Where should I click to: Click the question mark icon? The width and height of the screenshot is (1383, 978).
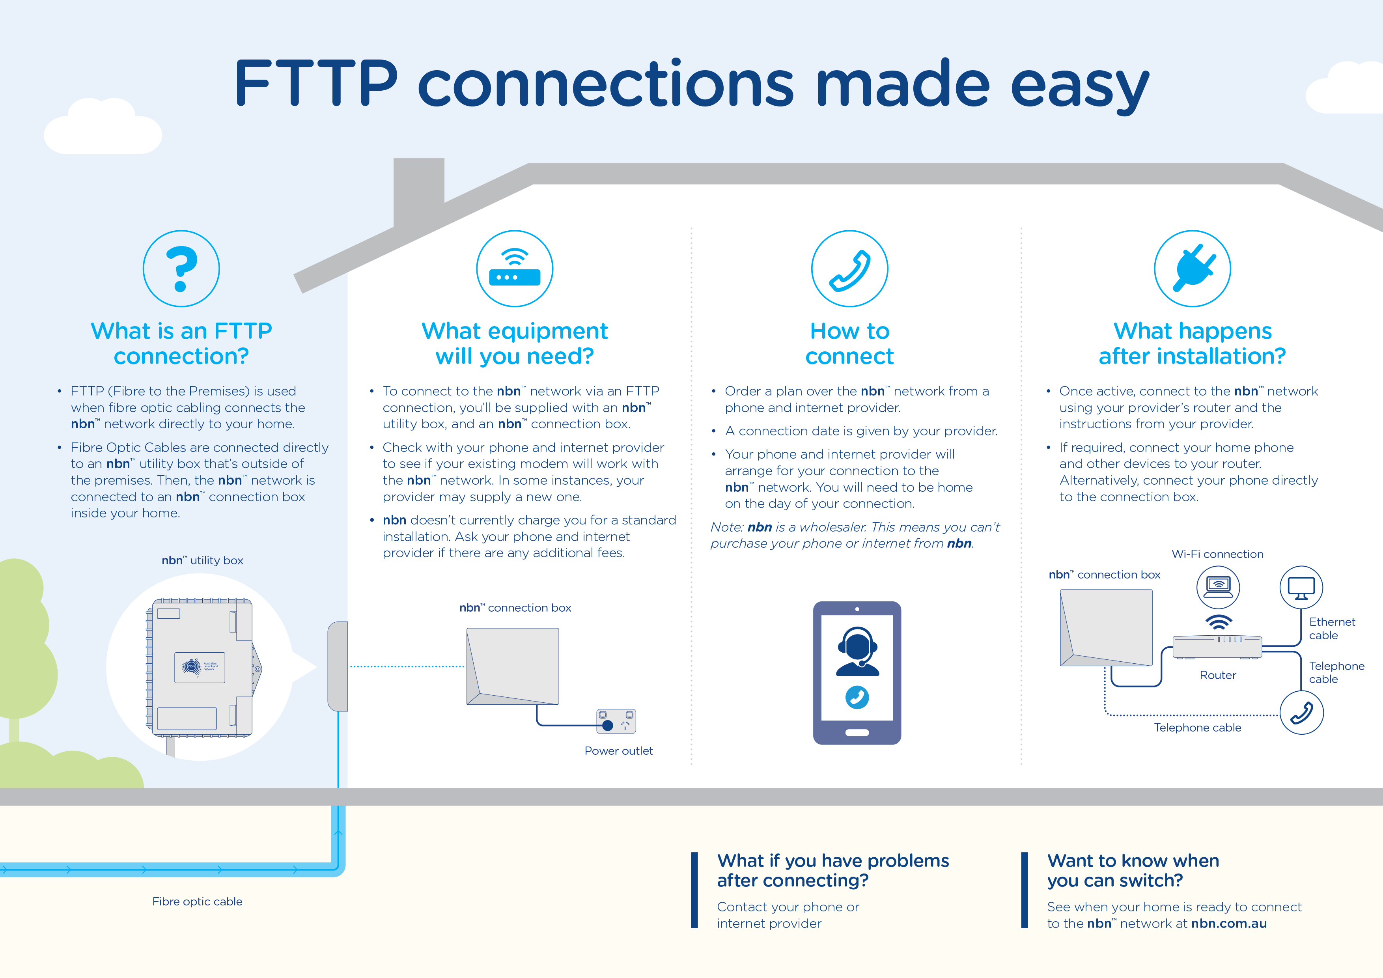pos(181,269)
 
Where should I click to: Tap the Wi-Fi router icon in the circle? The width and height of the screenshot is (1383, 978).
pos(514,269)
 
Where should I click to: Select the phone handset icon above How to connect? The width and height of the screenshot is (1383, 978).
pos(849,269)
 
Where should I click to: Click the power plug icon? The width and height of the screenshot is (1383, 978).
pos(1192,269)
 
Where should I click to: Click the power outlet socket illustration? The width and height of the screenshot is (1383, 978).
pos(616,721)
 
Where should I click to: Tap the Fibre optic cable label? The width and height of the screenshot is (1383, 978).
pos(197,901)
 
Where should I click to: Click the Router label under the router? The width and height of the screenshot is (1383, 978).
pos(1217,675)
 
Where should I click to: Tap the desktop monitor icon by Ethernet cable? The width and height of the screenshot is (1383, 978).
pos(1301,587)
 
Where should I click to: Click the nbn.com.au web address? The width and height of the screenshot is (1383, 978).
pos(1229,923)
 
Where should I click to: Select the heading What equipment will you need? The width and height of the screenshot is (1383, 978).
pos(514,343)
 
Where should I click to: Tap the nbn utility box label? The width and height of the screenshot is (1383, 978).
pos(202,560)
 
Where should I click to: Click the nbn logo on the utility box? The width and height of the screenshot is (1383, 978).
pos(192,666)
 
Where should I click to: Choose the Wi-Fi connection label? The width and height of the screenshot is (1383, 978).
pos(1217,554)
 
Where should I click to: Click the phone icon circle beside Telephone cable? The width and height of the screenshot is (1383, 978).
pos(1301,713)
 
